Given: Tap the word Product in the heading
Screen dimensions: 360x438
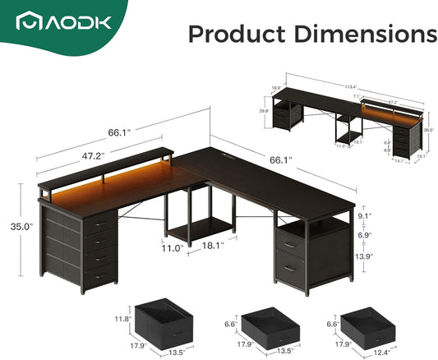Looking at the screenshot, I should [232, 35].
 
